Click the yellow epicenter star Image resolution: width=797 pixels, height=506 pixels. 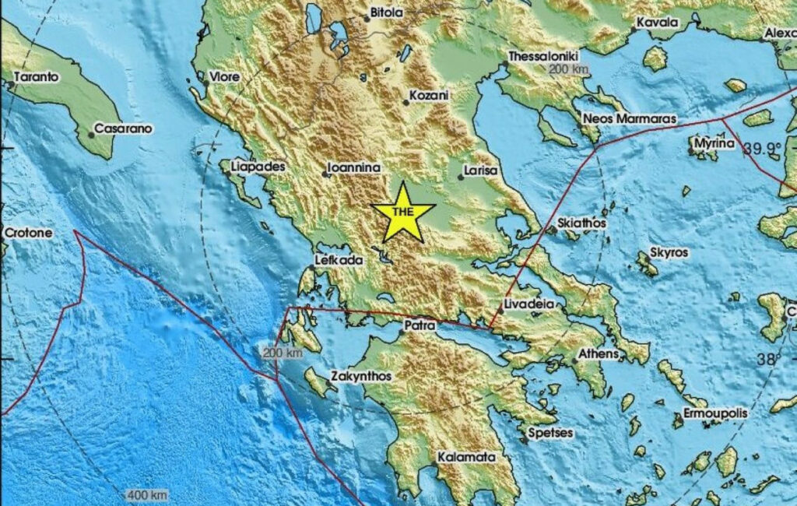pos(402,212)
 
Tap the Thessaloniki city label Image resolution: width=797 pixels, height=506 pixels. pos(545,56)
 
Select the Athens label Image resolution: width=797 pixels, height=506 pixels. pos(599,354)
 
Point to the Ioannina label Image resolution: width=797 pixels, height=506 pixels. pos(352,167)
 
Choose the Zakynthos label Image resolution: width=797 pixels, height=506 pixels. pos(361,376)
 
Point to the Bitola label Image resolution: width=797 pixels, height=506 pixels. pos(387,12)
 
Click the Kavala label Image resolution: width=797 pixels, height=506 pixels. pos(657,23)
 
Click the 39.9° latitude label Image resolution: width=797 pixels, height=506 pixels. pos(760,148)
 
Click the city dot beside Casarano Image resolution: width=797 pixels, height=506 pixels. pos(91,135)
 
